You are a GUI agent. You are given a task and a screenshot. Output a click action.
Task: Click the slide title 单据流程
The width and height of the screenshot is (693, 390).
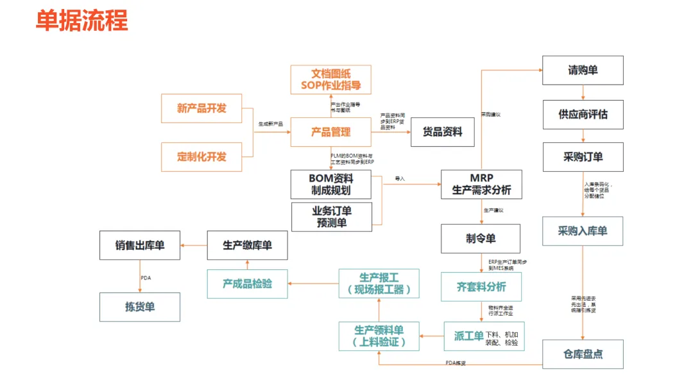[82, 21]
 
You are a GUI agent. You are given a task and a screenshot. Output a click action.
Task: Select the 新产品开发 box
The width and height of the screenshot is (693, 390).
[201, 108]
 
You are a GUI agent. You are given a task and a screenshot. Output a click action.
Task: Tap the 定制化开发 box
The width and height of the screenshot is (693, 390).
[201, 157]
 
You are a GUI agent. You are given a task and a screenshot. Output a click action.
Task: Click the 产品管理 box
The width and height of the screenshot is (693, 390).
[330, 132]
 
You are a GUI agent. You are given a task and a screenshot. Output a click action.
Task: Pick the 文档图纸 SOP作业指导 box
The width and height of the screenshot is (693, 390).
[330, 80]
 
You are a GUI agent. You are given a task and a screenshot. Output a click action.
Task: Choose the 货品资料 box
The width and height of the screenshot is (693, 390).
[442, 132]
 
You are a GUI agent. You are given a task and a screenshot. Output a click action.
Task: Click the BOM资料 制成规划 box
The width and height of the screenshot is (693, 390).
[330, 184]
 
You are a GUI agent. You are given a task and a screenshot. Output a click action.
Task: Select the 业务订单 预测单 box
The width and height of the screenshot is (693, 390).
[331, 217]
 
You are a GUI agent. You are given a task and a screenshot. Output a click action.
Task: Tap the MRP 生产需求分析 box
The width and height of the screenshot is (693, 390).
[481, 184]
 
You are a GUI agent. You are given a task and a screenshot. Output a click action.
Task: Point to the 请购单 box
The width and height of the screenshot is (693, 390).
[583, 71]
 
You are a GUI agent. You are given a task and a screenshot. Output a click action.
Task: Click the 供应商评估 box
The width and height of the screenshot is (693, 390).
[583, 114]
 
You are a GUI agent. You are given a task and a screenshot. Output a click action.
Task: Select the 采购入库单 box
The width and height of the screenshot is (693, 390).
[583, 231]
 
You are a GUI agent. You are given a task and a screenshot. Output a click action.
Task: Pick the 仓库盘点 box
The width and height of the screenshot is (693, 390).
[583, 354]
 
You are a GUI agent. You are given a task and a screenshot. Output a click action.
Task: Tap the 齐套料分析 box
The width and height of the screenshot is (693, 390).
[481, 287]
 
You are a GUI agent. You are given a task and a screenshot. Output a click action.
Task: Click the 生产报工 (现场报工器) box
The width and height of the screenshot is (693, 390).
[379, 284]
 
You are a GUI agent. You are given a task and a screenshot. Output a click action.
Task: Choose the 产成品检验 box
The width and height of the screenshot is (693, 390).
[247, 284]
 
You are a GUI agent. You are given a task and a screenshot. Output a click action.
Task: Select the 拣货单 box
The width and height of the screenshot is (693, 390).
[139, 307]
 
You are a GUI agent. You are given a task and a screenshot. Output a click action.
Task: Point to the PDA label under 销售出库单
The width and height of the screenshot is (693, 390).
[146, 278]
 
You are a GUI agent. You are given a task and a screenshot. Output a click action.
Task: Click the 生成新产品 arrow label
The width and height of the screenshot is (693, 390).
[270, 123]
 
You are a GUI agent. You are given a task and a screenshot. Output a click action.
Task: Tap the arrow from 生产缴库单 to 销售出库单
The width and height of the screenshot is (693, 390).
[193, 245]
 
